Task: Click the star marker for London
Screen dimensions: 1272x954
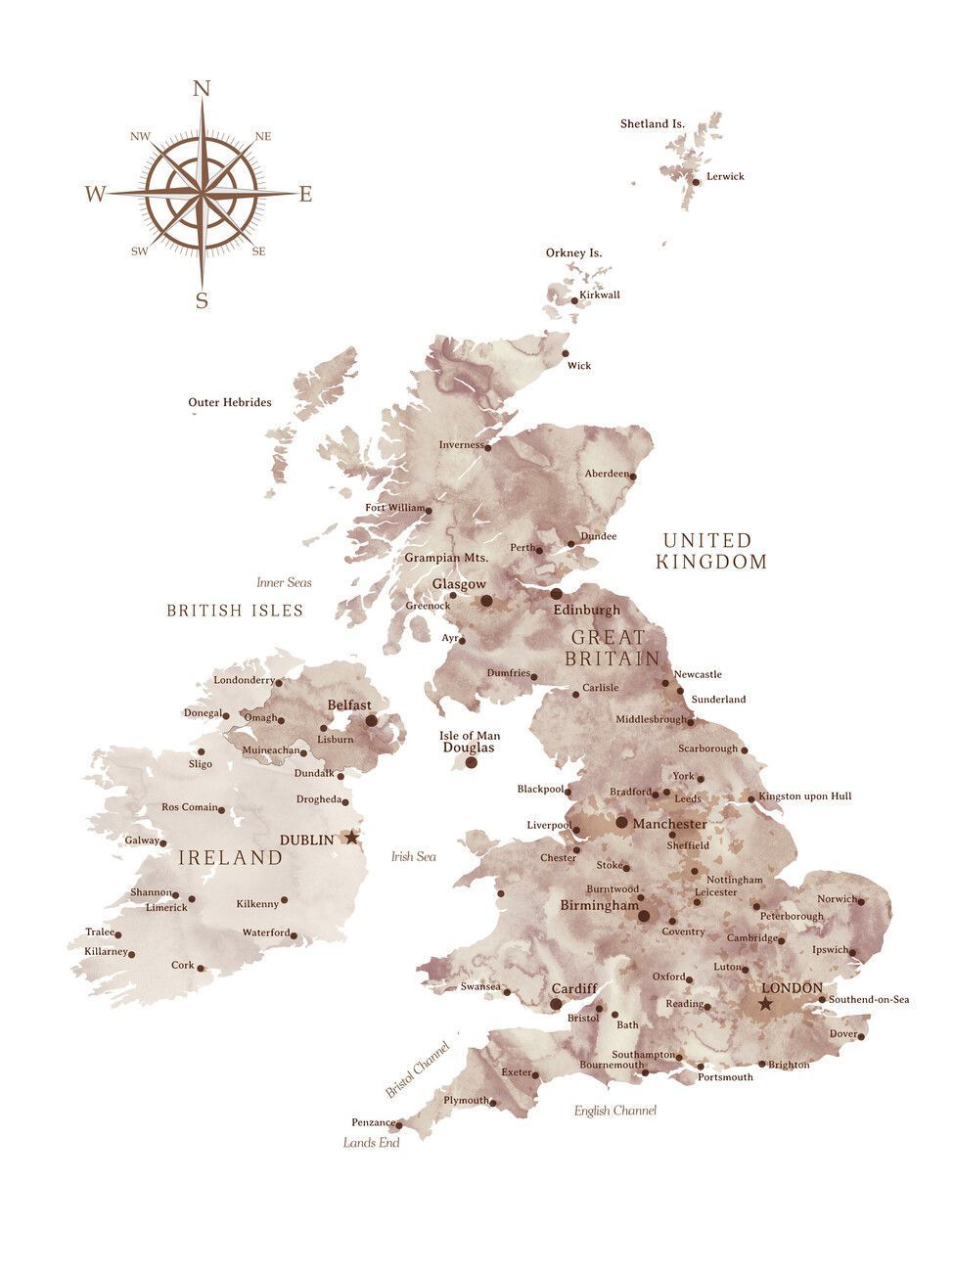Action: point(765,1004)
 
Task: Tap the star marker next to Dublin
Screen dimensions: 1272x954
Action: point(351,838)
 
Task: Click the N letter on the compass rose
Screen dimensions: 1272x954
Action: point(202,89)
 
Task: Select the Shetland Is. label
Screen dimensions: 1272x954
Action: point(653,124)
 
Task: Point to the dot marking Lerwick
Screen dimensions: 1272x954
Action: point(696,181)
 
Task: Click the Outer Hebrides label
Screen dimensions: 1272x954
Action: point(230,402)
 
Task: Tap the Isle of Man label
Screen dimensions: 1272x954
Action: point(470,736)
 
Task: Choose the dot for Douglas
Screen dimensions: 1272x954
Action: point(471,762)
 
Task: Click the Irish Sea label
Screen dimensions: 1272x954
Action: point(413,857)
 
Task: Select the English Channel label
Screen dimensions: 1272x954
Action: point(614,1111)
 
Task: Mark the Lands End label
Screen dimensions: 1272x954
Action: point(371,1143)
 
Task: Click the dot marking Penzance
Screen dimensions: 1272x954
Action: point(399,1125)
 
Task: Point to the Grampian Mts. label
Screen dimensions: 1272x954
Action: point(446,558)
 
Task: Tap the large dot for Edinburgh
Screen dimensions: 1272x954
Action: point(556,594)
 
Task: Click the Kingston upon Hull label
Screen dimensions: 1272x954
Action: point(804,796)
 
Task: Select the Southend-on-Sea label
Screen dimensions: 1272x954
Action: point(868,999)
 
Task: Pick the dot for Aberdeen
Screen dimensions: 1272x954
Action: point(632,477)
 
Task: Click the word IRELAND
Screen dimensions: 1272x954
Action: point(230,858)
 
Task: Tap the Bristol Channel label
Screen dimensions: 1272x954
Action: point(418,1069)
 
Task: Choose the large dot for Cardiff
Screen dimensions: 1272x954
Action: point(556,1004)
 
